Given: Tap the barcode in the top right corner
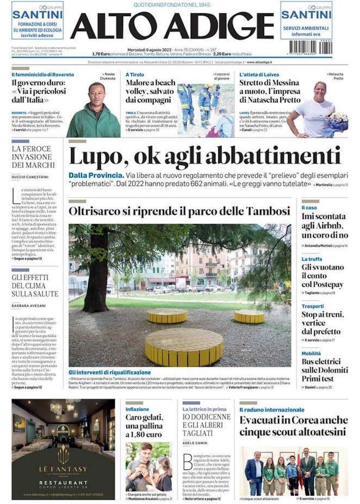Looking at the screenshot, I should (311, 47).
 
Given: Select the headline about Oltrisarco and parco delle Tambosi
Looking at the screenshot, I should (179, 211).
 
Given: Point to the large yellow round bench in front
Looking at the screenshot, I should (184, 345).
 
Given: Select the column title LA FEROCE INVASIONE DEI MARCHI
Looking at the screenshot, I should (33, 157).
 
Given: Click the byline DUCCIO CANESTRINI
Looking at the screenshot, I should (30, 177).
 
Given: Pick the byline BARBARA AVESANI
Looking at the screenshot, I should (29, 306).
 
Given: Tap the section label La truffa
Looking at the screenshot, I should (312, 259).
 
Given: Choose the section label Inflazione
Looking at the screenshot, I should (137, 409).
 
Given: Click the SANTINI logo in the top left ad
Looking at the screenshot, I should (37, 15).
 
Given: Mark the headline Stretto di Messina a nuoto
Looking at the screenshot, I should (270, 91).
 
